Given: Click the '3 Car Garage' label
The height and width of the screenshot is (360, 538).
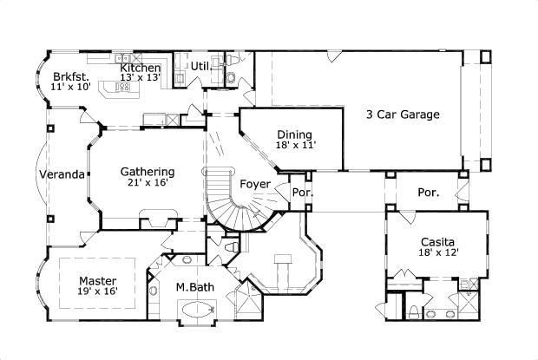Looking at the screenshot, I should coord(402,114).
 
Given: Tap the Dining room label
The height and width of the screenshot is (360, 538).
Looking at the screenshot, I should coord(295,134).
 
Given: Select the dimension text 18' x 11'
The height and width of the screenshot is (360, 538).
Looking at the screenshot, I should coord(295,147).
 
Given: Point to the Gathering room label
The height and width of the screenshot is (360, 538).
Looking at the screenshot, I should coord(147,171).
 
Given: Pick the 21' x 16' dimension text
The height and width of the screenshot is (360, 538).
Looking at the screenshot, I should coord(147,183).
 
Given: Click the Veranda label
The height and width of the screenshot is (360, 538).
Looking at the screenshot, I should coord(62,174).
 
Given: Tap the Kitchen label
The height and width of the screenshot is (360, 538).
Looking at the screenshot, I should coord(140,68).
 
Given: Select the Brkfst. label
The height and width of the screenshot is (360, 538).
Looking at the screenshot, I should coord(68,75).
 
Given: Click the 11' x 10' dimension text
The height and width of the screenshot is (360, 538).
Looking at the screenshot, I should coord(69,87).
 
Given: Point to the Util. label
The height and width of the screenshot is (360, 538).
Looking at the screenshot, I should coord(201,66).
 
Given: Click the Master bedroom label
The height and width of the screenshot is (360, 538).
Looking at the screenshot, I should coord(97,280).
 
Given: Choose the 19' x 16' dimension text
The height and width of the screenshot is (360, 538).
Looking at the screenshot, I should coord(97,292).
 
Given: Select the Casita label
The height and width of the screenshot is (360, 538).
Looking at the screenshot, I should coord(438,242).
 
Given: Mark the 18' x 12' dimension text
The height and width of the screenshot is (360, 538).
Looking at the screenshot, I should coord(438,253).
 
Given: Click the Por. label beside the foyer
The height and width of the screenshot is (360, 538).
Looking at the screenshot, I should coord(301,193).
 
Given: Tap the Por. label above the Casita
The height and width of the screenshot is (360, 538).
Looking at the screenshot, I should coord(427,192).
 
